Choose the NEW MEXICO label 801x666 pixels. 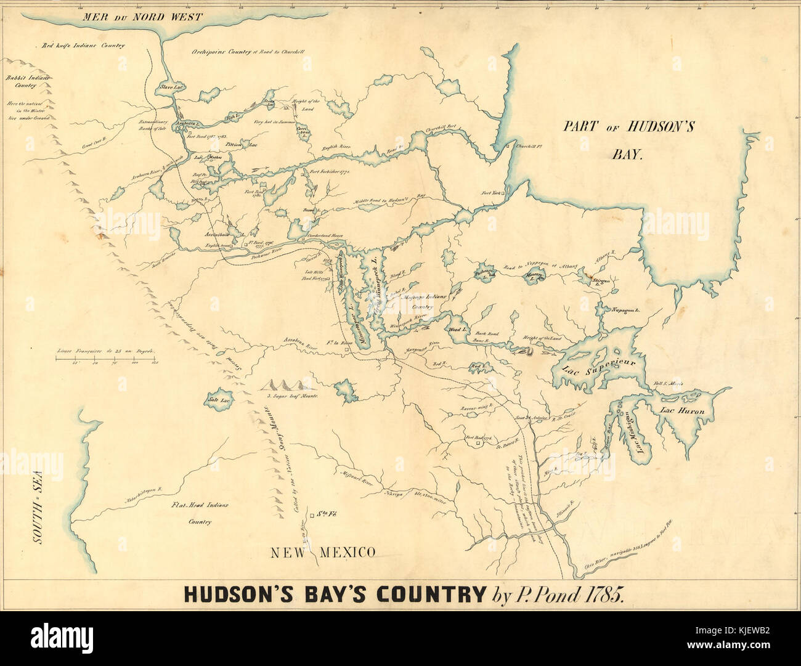tap(323, 553)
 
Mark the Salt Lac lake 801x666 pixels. tap(218, 399)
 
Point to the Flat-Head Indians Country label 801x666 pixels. tap(200, 513)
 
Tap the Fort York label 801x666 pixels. tap(491, 193)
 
